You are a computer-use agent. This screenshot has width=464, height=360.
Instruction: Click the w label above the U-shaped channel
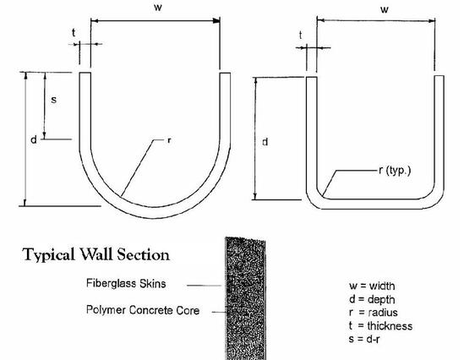[158, 8]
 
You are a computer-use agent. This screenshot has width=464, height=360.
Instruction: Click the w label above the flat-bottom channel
[384, 10]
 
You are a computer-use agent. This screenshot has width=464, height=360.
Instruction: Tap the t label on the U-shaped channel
[74, 33]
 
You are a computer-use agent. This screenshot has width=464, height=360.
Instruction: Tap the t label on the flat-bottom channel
[300, 35]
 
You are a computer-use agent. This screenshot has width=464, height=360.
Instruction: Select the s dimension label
[53, 100]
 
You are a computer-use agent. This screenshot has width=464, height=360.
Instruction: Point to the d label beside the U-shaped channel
[34, 139]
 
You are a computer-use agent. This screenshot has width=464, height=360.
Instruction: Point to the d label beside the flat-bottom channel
[265, 142]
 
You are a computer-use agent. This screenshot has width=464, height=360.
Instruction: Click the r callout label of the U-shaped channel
[169, 140]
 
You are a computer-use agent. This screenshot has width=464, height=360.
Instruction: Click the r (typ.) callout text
[395, 171]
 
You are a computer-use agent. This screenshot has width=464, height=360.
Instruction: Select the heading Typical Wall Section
[96, 255]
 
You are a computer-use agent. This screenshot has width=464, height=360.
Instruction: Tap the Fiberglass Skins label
[126, 283]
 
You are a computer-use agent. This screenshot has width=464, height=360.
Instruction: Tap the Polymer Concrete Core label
[143, 310]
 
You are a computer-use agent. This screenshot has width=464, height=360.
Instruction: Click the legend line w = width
[372, 286]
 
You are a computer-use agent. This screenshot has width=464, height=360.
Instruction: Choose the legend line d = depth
[372, 299]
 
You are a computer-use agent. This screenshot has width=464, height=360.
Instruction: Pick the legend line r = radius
[374, 313]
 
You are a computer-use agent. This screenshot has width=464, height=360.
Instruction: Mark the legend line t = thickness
[380, 325]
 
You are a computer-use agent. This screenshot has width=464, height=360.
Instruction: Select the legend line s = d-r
[364, 339]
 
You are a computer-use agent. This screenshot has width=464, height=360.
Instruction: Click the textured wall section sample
[245, 298]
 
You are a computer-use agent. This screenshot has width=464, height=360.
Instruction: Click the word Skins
[153, 283]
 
